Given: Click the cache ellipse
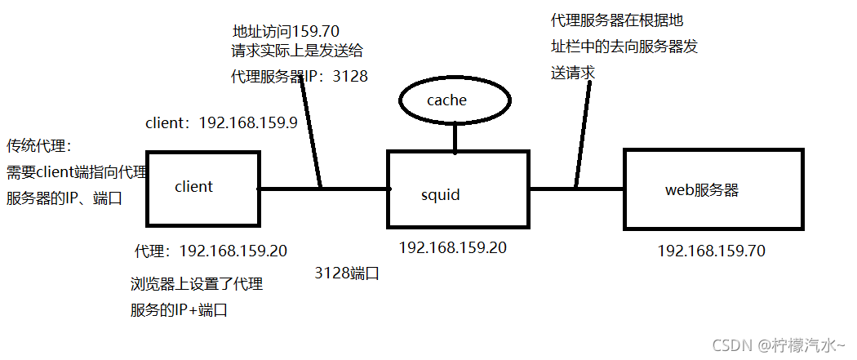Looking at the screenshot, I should [x=455, y=100].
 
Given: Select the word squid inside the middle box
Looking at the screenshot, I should [x=441, y=195].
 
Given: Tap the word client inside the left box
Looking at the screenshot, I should [x=193, y=187].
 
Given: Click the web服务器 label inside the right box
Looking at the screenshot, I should [x=702, y=190].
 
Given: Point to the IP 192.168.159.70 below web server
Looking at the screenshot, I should [x=711, y=251].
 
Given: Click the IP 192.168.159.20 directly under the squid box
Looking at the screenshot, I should [x=452, y=247].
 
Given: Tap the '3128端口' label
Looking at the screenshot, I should [x=347, y=273].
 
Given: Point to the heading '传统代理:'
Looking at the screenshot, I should [x=40, y=147].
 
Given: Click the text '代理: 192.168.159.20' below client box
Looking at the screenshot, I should [x=211, y=251].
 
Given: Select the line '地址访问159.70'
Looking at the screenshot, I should [x=286, y=32].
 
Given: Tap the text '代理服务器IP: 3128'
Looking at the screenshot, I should [x=300, y=76].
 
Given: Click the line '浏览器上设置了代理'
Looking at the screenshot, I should [x=196, y=285].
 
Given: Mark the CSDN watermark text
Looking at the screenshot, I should [x=779, y=345].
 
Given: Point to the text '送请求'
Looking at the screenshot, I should [x=573, y=73].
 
